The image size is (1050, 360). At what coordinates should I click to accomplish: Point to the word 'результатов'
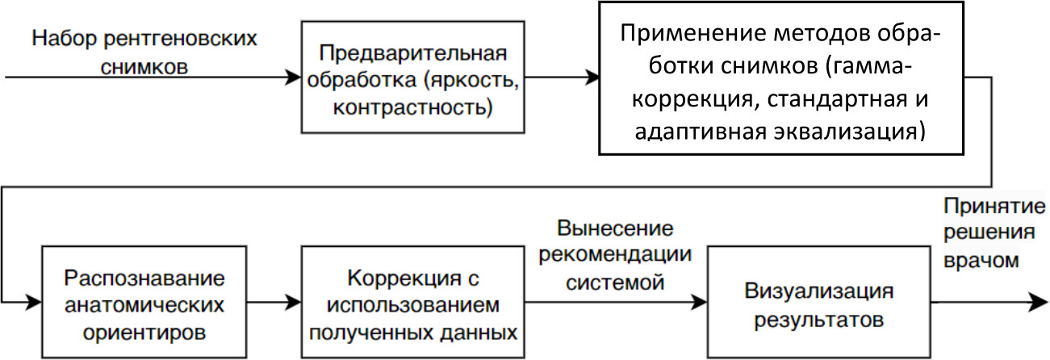coord(819,318)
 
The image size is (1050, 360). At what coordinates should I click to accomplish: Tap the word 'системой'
coord(615,283)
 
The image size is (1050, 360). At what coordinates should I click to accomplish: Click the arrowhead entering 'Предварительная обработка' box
coord(294,78)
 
